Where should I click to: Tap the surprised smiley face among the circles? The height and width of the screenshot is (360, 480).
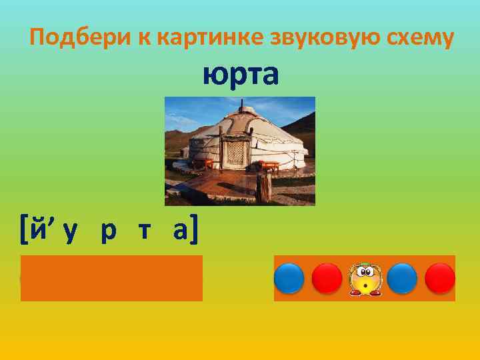tap(364, 278)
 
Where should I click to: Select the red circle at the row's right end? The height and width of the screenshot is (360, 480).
tap(440, 278)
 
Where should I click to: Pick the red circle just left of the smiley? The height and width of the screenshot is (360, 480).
tap(327, 278)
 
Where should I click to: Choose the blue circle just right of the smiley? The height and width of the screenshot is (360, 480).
tap(402, 278)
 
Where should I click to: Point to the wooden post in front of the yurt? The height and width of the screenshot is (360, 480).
tap(265, 187)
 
